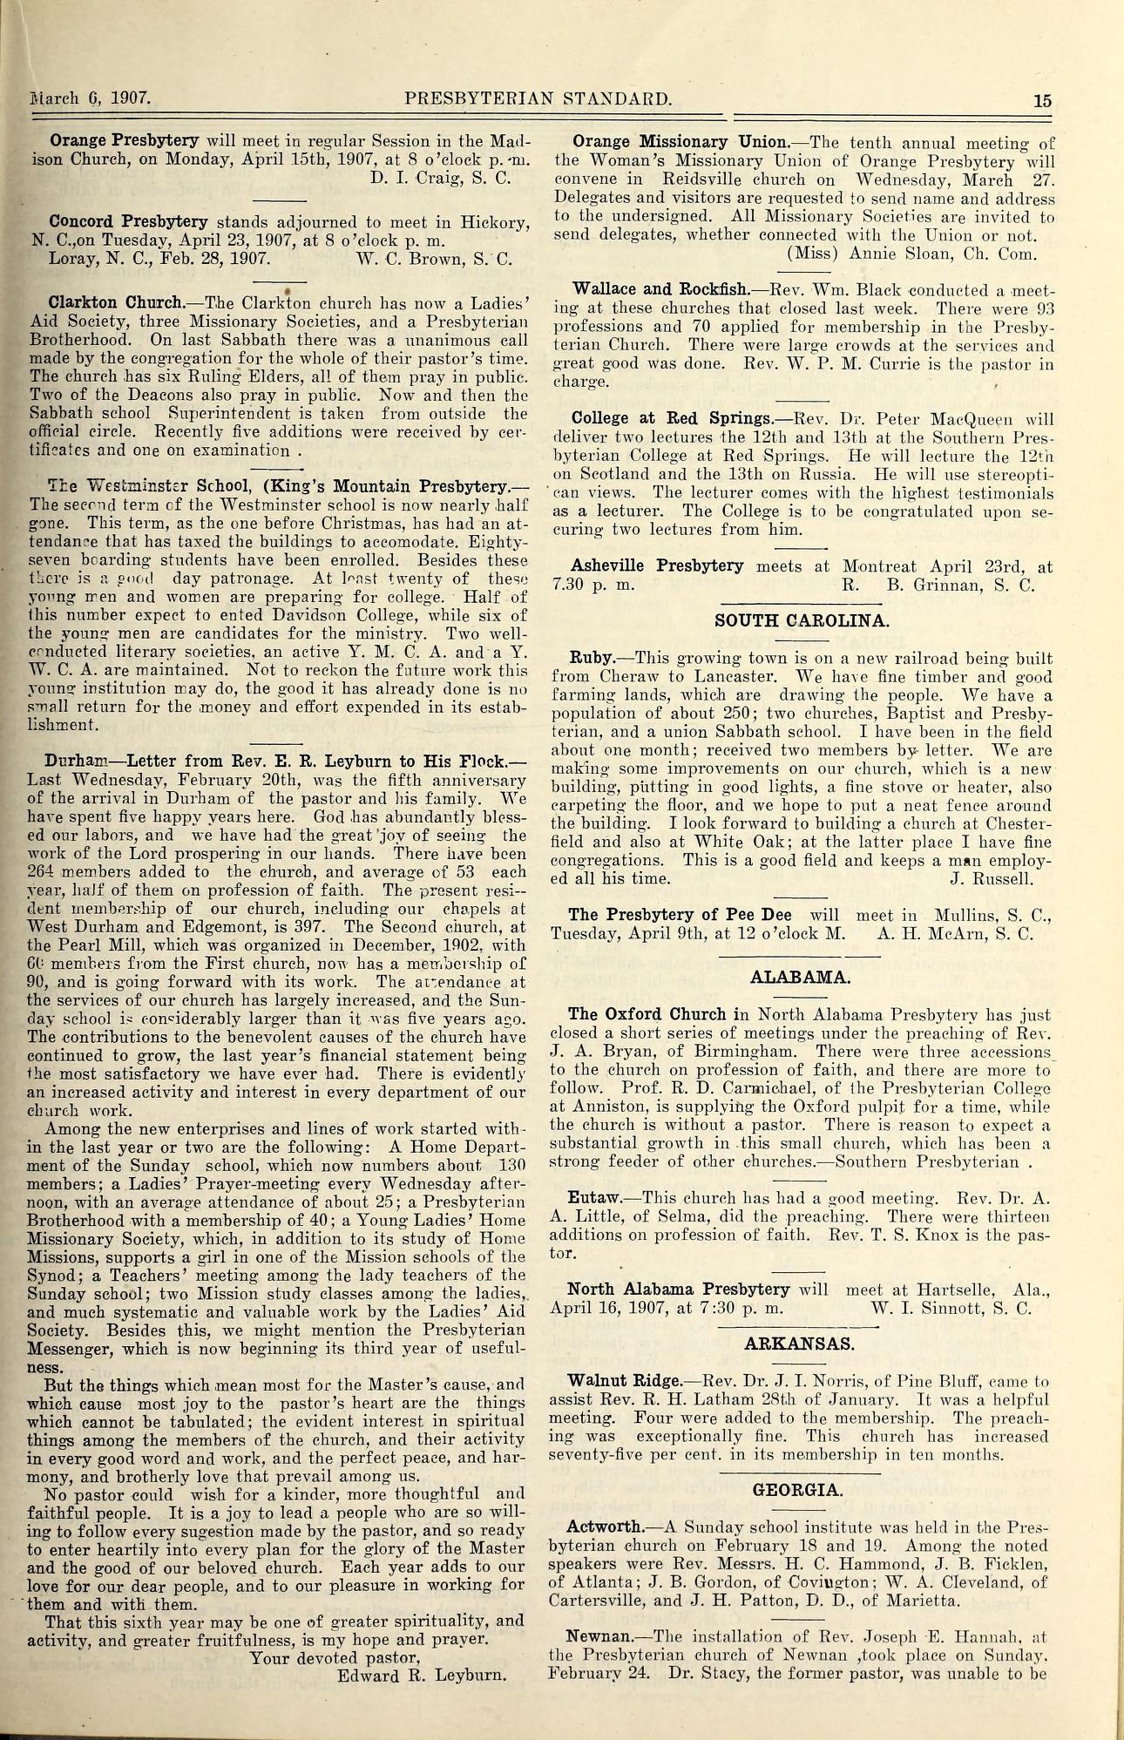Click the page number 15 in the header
coord(1042,99)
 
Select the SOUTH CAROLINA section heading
coord(802,620)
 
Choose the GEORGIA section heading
coord(798,1489)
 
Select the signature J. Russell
coord(992,878)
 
